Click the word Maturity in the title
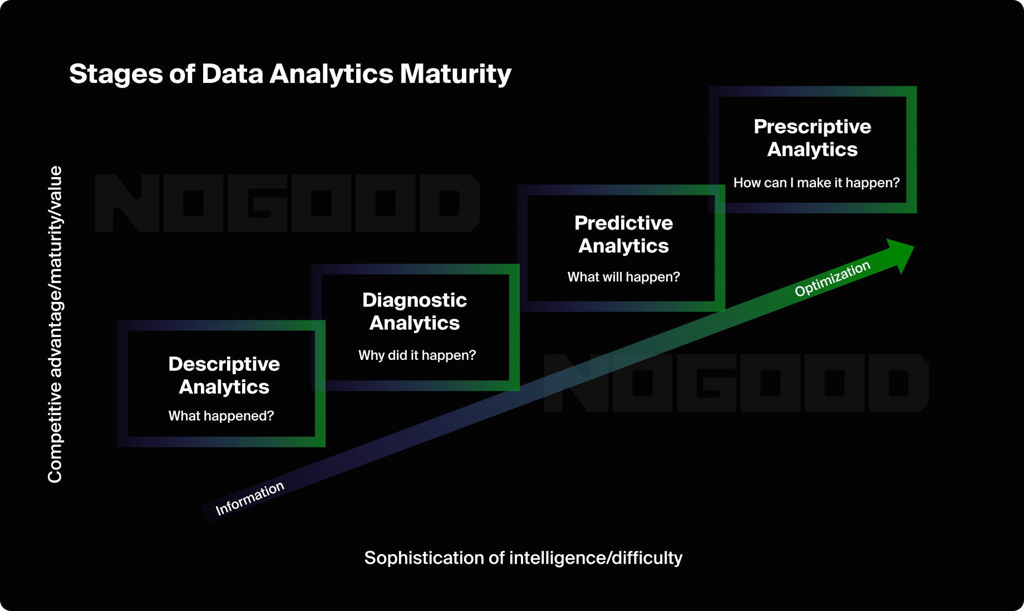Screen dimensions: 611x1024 click(x=455, y=74)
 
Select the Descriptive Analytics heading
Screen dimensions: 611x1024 click(x=224, y=375)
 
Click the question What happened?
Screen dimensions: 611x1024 click(x=221, y=416)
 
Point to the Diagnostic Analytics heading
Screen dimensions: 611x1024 click(x=415, y=311)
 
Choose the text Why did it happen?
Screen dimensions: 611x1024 click(x=417, y=355)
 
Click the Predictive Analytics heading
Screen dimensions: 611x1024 click(x=623, y=234)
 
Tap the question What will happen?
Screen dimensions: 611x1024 click(x=623, y=277)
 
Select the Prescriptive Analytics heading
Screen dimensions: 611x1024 click(x=812, y=138)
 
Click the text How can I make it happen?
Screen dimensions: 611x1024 click(x=816, y=183)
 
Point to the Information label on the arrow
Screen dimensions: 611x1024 click(x=250, y=498)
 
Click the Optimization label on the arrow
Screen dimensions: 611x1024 click(x=832, y=278)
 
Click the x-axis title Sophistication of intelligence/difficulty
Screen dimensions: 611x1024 click(x=523, y=558)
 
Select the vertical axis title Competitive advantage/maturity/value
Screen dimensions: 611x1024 click(x=55, y=324)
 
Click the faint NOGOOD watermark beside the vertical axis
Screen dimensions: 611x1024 click(x=287, y=203)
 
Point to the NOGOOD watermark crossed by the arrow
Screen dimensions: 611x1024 click(x=736, y=383)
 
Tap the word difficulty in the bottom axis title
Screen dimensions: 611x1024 click(x=647, y=558)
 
